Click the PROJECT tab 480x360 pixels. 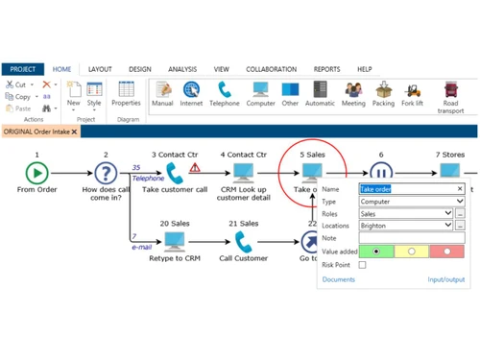(22, 69)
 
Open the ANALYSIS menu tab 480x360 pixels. (181, 69)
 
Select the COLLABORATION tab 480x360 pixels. (271, 69)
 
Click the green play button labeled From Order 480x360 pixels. (36, 173)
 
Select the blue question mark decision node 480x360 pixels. (106, 173)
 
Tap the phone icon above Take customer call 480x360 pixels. (175, 173)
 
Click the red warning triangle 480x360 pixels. (196, 167)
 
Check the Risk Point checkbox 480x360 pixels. (363, 264)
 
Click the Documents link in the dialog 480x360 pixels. (339, 279)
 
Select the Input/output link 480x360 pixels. (445, 279)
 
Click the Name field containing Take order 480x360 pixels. (406, 189)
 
